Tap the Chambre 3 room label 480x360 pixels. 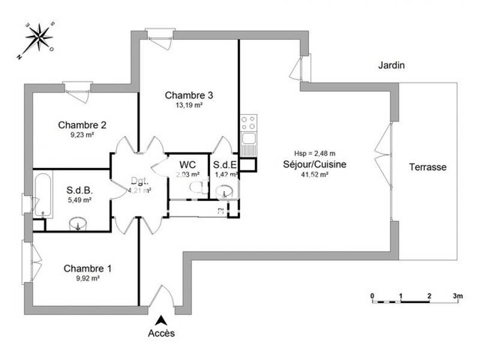coord(189,95)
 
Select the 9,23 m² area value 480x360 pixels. coord(82,135)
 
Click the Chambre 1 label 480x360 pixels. coord(88,268)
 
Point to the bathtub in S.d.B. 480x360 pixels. coord(43,194)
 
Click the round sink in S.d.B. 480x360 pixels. coord(78,225)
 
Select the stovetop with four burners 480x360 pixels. coord(248,124)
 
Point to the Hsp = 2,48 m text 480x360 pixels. coord(314,153)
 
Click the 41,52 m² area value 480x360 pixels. coord(314,175)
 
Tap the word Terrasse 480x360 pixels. coord(428,167)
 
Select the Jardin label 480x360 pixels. coord(391,65)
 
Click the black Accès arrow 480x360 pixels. coord(161,320)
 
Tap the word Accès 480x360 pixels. coord(161,333)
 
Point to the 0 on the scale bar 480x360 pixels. coord(372,296)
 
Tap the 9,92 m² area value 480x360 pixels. coord(87,278)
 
